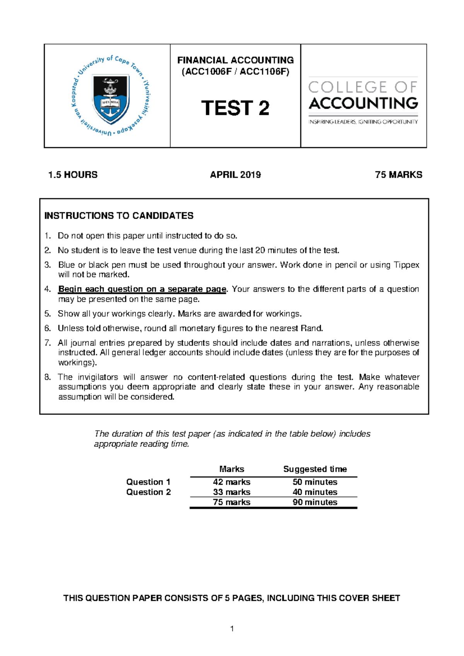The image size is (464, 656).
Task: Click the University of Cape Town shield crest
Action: (x=111, y=98)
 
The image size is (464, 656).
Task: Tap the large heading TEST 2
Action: (x=235, y=108)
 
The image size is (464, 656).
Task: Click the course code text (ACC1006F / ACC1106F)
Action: (x=235, y=72)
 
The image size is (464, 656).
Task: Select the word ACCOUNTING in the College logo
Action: (x=363, y=103)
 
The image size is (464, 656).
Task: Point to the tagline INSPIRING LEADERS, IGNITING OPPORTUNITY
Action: (x=363, y=122)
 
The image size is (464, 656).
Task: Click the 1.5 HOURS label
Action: (x=73, y=175)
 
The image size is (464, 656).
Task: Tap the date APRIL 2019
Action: (x=235, y=175)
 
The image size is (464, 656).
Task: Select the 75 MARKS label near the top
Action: (x=398, y=175)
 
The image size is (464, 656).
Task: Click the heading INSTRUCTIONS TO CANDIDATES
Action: (x=119, y=216)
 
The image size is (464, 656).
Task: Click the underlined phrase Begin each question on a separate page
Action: (x=142, y=289)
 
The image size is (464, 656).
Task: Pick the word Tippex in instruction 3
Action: (x=406, y=265)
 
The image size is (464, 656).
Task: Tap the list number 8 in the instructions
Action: (x=48, y=377)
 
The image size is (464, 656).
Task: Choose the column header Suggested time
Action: (x=315, y=469)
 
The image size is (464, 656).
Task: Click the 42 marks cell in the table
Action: (x=231, y=482)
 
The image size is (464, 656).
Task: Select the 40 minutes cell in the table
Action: (x=315, y=492)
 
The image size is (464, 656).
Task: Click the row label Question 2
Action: (x=148, y=492)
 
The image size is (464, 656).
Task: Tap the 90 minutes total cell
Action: (x=315, y=502)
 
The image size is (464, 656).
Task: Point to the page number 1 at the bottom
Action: (x=232, y=629)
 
